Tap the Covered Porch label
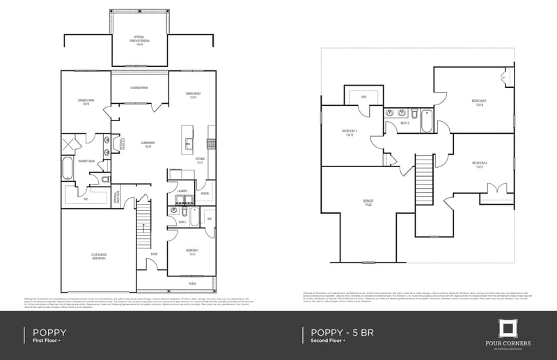139,88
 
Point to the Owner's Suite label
86,103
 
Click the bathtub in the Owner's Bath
67,169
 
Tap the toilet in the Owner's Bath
104,180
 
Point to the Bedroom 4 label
479,165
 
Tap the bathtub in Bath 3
425,121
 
